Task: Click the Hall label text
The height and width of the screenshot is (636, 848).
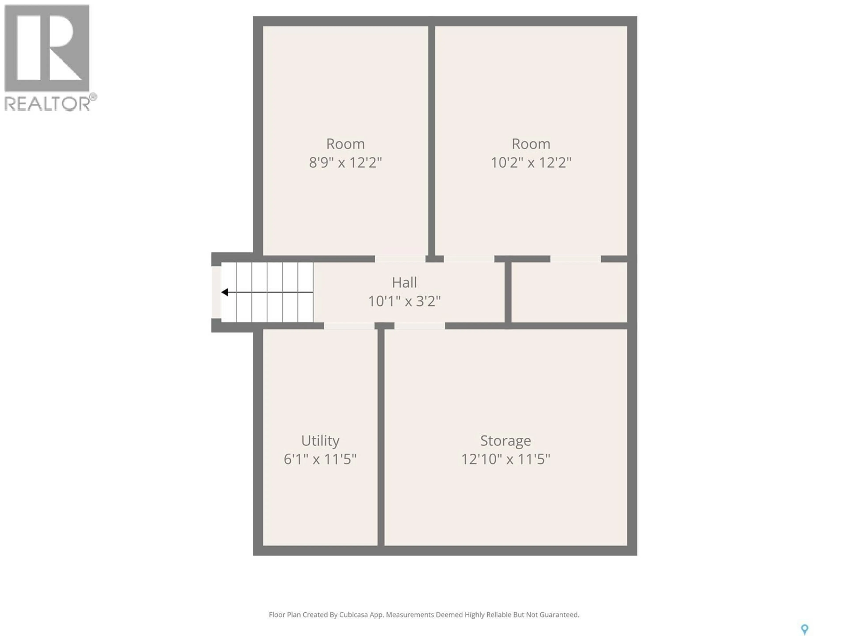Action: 404,282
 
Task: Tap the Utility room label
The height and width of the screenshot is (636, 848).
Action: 320,441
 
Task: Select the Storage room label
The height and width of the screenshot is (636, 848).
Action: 505,441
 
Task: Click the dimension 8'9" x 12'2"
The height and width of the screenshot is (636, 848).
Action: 345,163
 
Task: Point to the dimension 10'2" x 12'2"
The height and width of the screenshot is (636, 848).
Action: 531,163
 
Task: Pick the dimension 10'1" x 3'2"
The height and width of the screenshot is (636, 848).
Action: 404,301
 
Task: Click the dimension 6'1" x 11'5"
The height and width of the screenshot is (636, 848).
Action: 320,459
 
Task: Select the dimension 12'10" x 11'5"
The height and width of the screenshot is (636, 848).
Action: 505,459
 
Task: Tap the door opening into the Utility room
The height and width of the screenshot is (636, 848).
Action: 349,326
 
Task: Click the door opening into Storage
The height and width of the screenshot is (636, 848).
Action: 420,326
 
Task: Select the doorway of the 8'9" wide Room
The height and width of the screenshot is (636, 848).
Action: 400,259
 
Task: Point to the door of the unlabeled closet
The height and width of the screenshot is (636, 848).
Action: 575,259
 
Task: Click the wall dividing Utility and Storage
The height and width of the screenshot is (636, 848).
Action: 381,437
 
